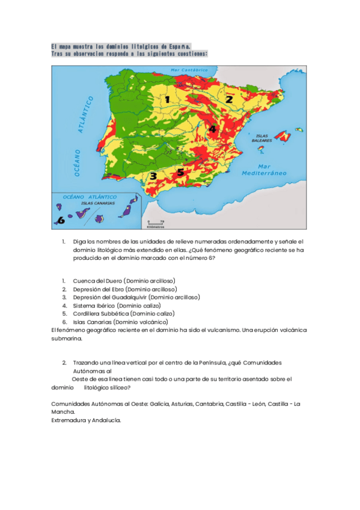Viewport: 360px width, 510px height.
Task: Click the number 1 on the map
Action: [x=168, y=100]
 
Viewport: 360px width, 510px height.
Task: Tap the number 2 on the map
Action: [x=229, y=99]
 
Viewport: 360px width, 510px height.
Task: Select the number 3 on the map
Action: [x=153, y=176]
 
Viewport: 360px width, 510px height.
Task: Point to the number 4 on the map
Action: [x=212, y=128]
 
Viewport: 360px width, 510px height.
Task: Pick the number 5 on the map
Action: [x=180, y=171]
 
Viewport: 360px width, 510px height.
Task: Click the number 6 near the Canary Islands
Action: [x=60, y=220]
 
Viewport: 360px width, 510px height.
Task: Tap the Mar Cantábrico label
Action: [x=189, y=70]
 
